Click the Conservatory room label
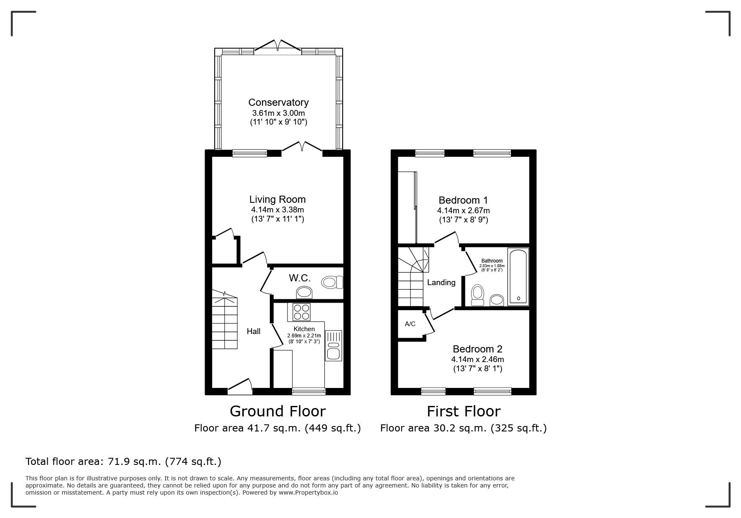pyautogui.click(x=278, y=102)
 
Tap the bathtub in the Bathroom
pyautogui.click(x=518, y=276)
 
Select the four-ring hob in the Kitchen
pyautogui.click(x=302, y=311)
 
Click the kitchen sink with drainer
pyautogui.click(x=333, y=346)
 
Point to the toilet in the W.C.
pyautogui.click(x=332, y=282)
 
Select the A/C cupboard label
pyautogui.click(x=410, y=324)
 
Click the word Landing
pyautogui.click(x=441, y=283)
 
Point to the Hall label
pyautogui.click(x=253, y=332)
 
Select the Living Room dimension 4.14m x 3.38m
pyautogui.click(x=277, y=210)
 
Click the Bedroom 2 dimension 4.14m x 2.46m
pyautogui.click(x=477, y=360)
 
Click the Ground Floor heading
pyautogui.click(x=277, y=411)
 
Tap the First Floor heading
pyautogui.click(x=463, y=411)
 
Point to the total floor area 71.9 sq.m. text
pyautogui.click(x=123, y=462)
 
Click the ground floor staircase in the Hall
pyautogui.click(x=225, y=322)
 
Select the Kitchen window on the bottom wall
pyautogui.click(x=309, y=391)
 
